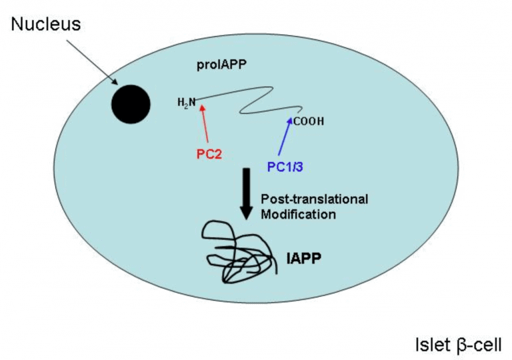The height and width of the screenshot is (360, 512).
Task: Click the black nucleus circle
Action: point(130,104)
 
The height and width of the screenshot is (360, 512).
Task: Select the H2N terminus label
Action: point(186,103)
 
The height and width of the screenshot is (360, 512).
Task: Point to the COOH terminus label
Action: point(308,122)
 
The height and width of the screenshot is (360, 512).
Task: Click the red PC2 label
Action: point(209,154)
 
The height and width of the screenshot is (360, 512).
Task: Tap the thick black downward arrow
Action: point(246,193)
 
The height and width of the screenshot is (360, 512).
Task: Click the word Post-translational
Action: point(315,199)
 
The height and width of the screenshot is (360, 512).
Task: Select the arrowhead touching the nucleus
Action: point(115,83)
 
